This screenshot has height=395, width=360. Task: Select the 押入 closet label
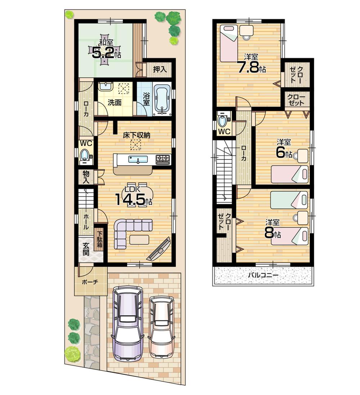pyautogui.click(x=159, y=69)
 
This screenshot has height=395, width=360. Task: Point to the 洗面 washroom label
pyautogui.click(x=115, y=103)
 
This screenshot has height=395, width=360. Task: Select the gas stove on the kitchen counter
pyautogui.click(x=163, y=159)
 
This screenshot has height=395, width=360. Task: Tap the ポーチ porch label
pyautogui.click(x=90, y=282)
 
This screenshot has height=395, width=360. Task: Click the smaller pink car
pyautogui.click(x=161, y=326)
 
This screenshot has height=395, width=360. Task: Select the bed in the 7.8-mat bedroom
pyautogui.click(x=229, y=43)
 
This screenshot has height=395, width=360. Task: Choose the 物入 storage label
pyautogui.click(x=86, y=177)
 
